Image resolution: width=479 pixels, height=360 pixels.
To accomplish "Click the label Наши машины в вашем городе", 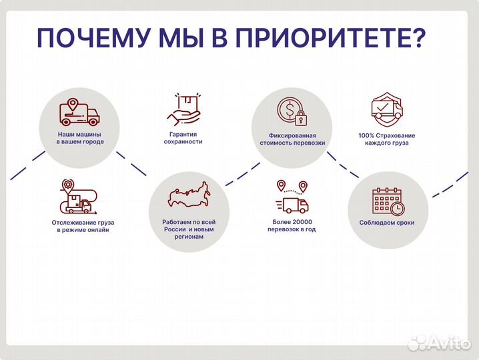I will tap(79, 138).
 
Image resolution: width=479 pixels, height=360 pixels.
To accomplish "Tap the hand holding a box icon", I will tap(183, 109).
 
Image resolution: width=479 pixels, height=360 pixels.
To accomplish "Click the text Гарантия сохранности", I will tap(184, 138).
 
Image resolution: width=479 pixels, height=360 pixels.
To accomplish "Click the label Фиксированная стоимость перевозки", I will tap(292, 139).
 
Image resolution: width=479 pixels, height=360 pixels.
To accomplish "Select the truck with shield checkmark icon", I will tap(386, 110).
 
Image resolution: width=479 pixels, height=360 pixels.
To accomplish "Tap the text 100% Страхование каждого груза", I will tap(387, 139).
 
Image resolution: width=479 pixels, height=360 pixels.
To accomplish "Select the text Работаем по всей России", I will tap(188, 225).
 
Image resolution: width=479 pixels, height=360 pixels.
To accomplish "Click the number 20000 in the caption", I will tap(301, 221).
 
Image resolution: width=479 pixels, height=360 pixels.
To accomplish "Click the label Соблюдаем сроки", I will tap(387, 222).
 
